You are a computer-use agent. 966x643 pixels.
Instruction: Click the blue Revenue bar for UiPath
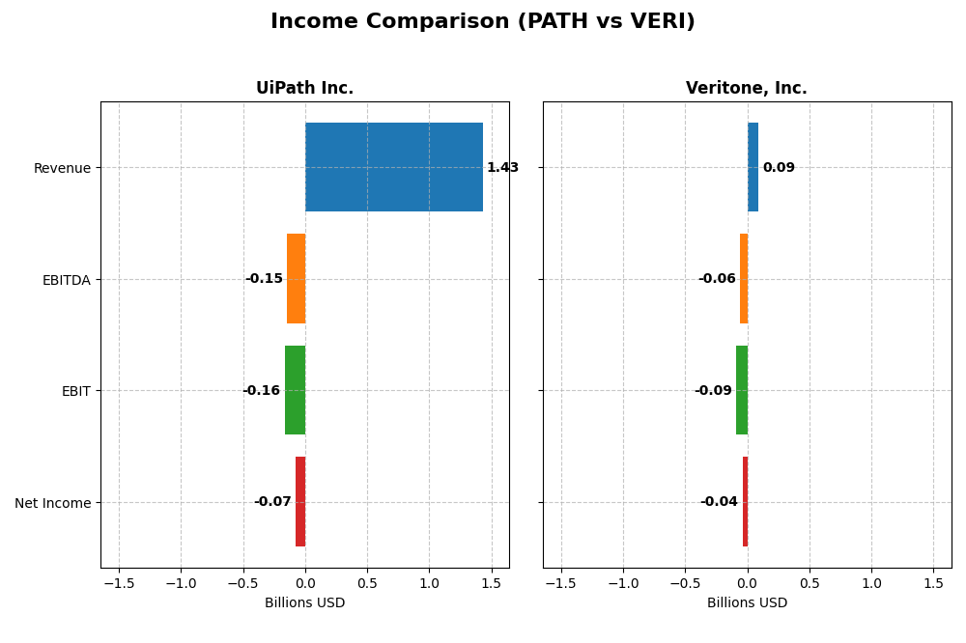pyautogui.click(x=394, y=167)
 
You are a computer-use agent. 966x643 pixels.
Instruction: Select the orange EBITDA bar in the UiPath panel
pyautogui.click(x=296, y=279)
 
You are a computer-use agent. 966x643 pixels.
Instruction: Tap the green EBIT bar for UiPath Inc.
pyautogui.click(x=295, y=390)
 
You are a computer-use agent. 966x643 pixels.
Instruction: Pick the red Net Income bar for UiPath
pyautogui.click(x=300, y=502)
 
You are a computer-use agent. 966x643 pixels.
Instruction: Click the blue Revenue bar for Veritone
pyautogui.click(x=753, y=167)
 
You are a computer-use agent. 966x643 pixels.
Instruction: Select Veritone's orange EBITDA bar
pyautogui.click(x=744, y=279)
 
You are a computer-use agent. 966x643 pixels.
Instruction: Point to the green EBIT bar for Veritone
pyautogui.click(x=742, y=390)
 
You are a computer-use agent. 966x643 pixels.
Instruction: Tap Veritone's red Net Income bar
pyautogui.click(x=745, y=502)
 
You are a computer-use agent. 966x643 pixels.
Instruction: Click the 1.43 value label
pyautogui.click(x=502, y=168)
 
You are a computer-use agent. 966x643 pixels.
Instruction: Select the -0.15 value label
pyautogui.click(x=264, y=279)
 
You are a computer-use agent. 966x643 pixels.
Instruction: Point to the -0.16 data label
pyautogui.click(x=261, y=391)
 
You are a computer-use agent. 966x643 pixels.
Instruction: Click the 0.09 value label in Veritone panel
pyautogui.click(x=779, y=168)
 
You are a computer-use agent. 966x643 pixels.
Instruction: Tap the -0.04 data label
pyautogui.click(x=719, y=502)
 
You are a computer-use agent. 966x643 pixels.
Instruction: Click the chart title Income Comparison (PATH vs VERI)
pyautogui.click(x=483, y=21)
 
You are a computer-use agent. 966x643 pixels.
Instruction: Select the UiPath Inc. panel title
pyautogui.click(x=304, y=89)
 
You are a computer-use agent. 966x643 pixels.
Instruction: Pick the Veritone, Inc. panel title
pyautogui.click(x=747, y=89)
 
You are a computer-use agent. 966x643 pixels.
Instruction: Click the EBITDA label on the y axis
pyautogui.click(x=66, y=280)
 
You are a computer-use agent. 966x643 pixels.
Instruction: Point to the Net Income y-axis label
pyautogui.click(x=52, y=503)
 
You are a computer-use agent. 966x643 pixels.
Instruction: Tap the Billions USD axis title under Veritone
pyautogui.click(x=747, y=603)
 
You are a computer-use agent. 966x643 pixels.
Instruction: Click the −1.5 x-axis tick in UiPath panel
pyautogui.click(x=118, y=583)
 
